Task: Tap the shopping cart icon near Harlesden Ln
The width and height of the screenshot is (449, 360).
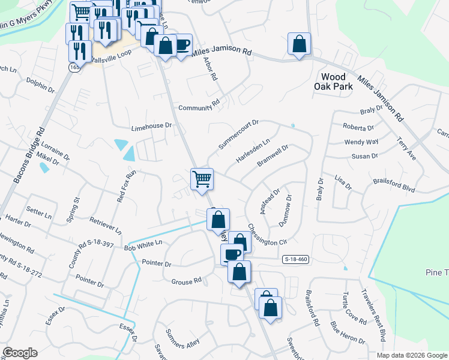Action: [x=202, y=178]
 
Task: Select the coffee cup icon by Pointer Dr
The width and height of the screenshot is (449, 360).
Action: [x=232, y=254]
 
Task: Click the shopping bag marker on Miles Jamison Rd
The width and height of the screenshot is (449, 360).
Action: [x=299, y=44]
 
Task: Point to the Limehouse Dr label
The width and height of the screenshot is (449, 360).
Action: [x=152, y=127]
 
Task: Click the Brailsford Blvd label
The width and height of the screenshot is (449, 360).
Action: [x=394, y=184]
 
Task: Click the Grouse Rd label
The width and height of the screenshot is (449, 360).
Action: [x=186, y=281]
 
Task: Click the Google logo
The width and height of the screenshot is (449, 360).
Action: [x=20, y=353]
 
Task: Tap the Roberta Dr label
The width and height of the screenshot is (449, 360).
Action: [x=358, y=127]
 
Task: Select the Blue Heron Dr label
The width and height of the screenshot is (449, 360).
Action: [x=346, y=334]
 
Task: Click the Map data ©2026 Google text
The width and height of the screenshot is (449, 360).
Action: [x=412, y=355]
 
